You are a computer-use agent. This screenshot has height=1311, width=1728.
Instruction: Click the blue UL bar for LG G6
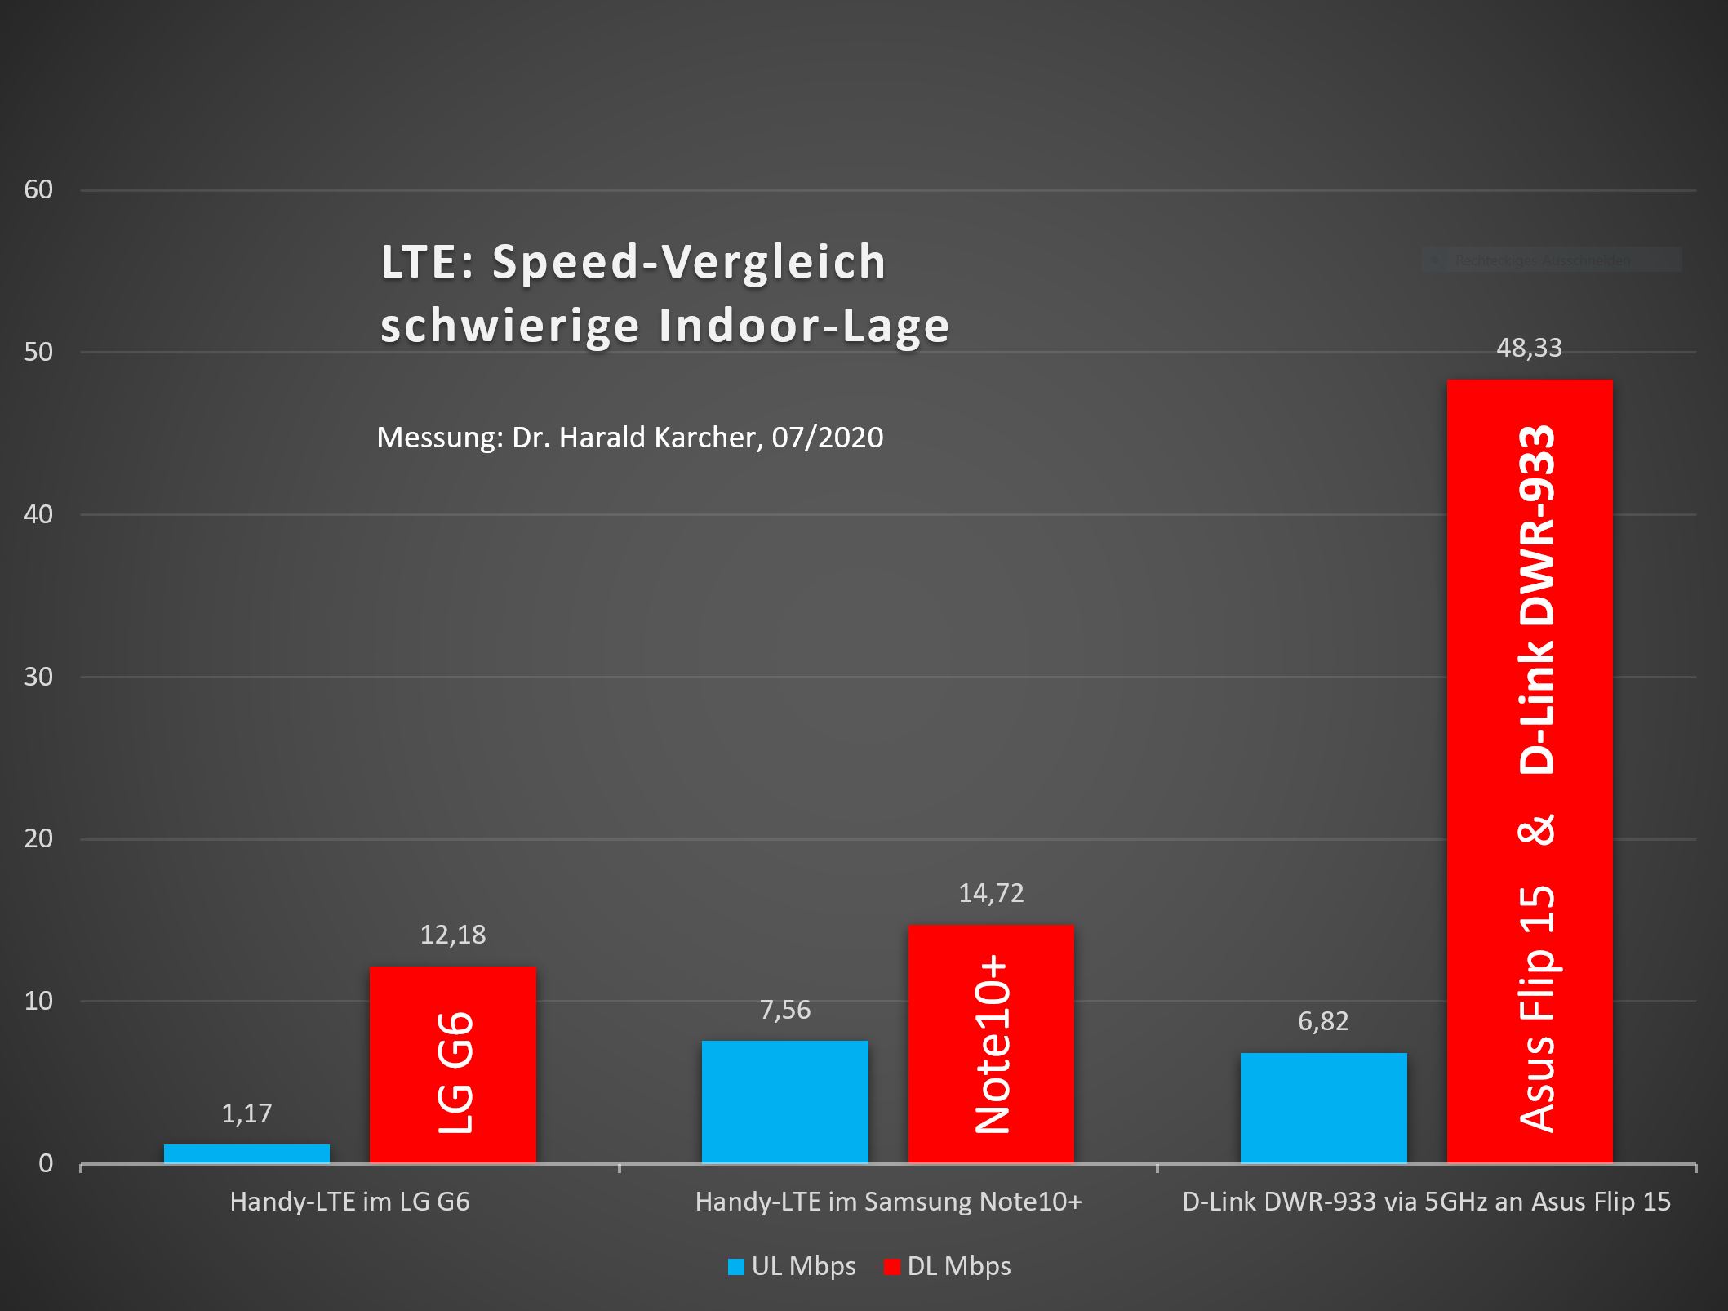tap(247, 1153)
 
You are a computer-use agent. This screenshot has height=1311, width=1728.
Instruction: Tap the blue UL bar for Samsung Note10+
tap(784, 1101)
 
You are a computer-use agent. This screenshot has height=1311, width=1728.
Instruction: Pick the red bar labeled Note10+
tap(991, 1044)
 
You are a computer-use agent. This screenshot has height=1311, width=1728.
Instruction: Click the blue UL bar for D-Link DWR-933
tap(1323, 1108)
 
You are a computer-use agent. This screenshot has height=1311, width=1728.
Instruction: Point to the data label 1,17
tap(247, 1113)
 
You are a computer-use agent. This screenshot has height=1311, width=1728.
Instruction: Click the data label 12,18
tap(452, 935)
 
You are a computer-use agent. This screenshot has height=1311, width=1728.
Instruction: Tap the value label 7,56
tap(784, 1011)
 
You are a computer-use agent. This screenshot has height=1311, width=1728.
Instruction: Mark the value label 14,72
tap(991, 893)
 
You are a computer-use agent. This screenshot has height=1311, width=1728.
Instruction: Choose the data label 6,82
tap(1323, 1021)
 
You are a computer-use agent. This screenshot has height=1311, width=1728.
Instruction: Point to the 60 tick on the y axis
tap(38, 189)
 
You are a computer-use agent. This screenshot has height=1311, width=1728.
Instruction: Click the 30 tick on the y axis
tap(38, 677)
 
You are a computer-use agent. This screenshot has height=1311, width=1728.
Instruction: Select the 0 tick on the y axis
tap(46, 1163)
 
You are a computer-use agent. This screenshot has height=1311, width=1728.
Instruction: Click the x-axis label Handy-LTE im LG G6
tap(349, 1202)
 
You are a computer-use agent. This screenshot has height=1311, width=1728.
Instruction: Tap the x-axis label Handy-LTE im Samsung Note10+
tap(888, 1202)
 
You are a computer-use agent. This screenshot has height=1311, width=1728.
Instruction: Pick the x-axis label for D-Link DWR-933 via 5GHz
tap(1426, 1202)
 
